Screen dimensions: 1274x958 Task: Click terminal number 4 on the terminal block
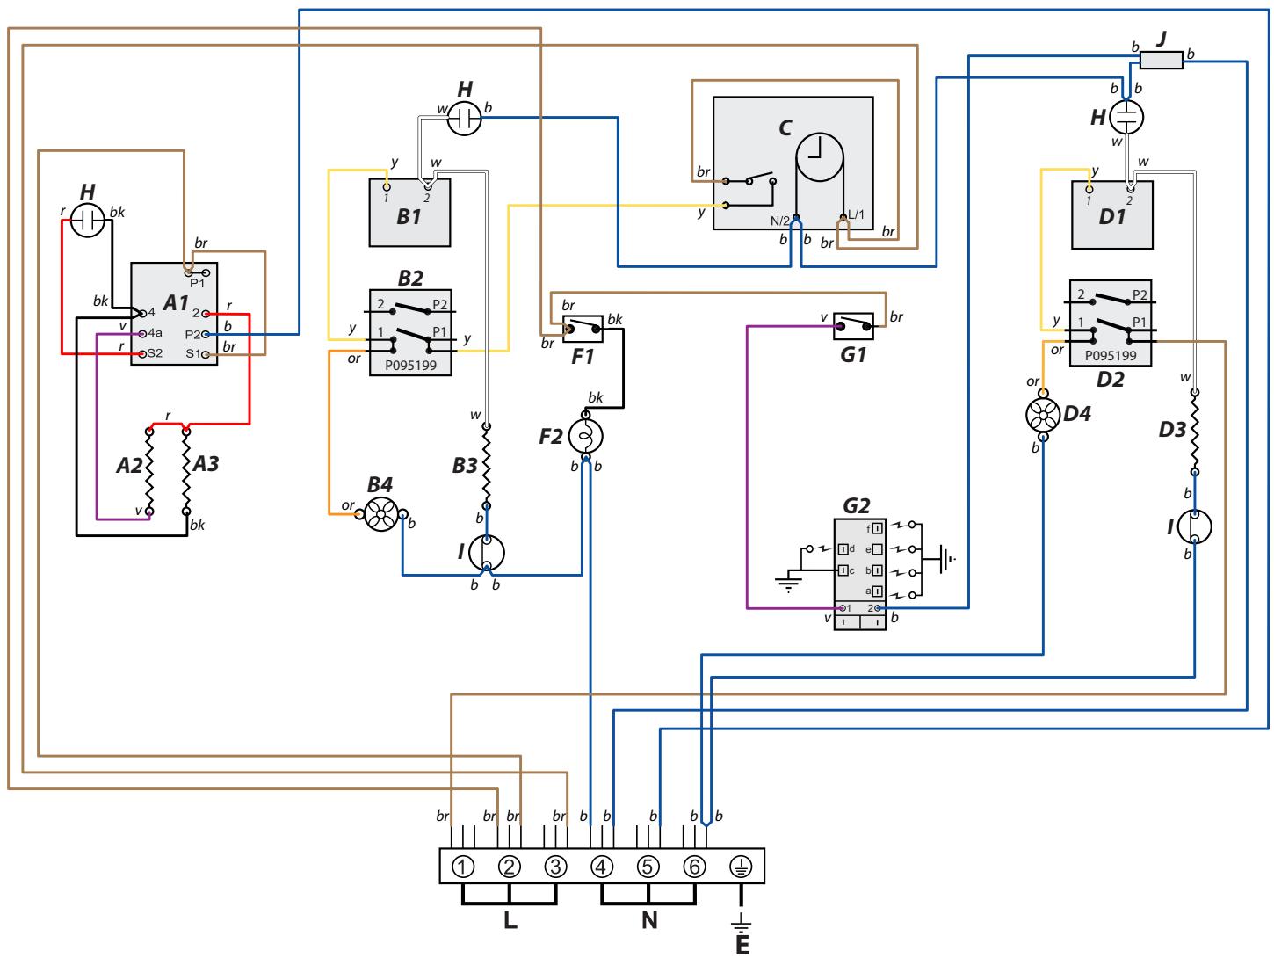[x=601, y=867]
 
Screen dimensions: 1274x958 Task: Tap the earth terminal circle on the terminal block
[x=741, y=867]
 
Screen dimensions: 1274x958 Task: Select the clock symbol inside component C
[x=819, y=156]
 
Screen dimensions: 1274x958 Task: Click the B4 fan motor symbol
[x=381, y=514]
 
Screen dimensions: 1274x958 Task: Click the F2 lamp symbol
[x=586, y=436]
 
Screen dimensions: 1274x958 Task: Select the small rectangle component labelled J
[x=1161, y=60]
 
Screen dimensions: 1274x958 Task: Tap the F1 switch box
[x=583, y=329]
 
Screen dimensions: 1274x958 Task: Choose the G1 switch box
[x=853, y=326]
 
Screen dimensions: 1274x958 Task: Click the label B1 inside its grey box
[x=409, y=216]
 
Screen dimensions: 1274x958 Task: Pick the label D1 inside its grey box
[x=1111, y=216]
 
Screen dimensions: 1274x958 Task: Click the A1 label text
[x=176, y=302]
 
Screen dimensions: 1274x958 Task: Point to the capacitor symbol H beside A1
[x=88, y=220]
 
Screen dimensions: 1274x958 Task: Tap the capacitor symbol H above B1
[x=464, y=119]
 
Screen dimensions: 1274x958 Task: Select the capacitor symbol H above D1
[x=1126, y=117]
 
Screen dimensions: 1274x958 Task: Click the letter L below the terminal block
[x=510, y=919]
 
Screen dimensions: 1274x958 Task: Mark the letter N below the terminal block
[x=649, y=919]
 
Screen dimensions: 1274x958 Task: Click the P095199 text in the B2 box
[x=410, y=366]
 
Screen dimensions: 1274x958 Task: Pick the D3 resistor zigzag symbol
[x=1194, y=432]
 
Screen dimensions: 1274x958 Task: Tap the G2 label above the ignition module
[x=856, y=505]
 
